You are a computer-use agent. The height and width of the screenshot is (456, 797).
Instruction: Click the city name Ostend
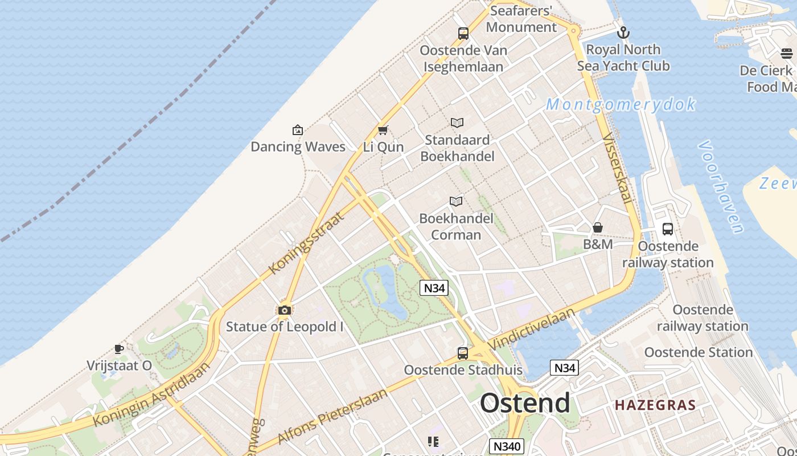524,403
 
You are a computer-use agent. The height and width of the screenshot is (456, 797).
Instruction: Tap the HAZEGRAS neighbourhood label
655,405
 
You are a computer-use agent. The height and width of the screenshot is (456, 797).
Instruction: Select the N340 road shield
506,446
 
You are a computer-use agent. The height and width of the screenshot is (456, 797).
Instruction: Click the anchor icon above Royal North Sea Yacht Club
623,32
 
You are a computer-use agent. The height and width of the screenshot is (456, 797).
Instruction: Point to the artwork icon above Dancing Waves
297,130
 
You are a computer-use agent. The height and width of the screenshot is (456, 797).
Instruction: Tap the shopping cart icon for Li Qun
383,130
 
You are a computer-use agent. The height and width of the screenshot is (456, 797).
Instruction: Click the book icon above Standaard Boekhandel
457,123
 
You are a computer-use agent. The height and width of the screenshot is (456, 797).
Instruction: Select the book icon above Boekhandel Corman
455,201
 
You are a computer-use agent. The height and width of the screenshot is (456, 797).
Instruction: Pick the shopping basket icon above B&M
598,227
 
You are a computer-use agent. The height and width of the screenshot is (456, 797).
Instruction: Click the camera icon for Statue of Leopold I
284,310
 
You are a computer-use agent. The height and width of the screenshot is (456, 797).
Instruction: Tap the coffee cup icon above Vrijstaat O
118,349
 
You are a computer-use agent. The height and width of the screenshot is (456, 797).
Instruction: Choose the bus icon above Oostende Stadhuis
462,353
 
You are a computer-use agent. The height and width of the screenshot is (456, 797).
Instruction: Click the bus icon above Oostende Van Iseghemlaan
463,33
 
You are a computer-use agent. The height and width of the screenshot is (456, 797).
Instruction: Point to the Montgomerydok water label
621,104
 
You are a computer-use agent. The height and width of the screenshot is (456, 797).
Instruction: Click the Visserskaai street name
617,168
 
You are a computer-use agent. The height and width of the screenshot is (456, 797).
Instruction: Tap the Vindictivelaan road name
532,328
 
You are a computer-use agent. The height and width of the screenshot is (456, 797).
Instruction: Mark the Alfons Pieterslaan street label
332,416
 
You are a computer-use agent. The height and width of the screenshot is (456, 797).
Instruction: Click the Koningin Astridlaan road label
151,393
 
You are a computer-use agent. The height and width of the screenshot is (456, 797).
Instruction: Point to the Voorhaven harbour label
721,186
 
